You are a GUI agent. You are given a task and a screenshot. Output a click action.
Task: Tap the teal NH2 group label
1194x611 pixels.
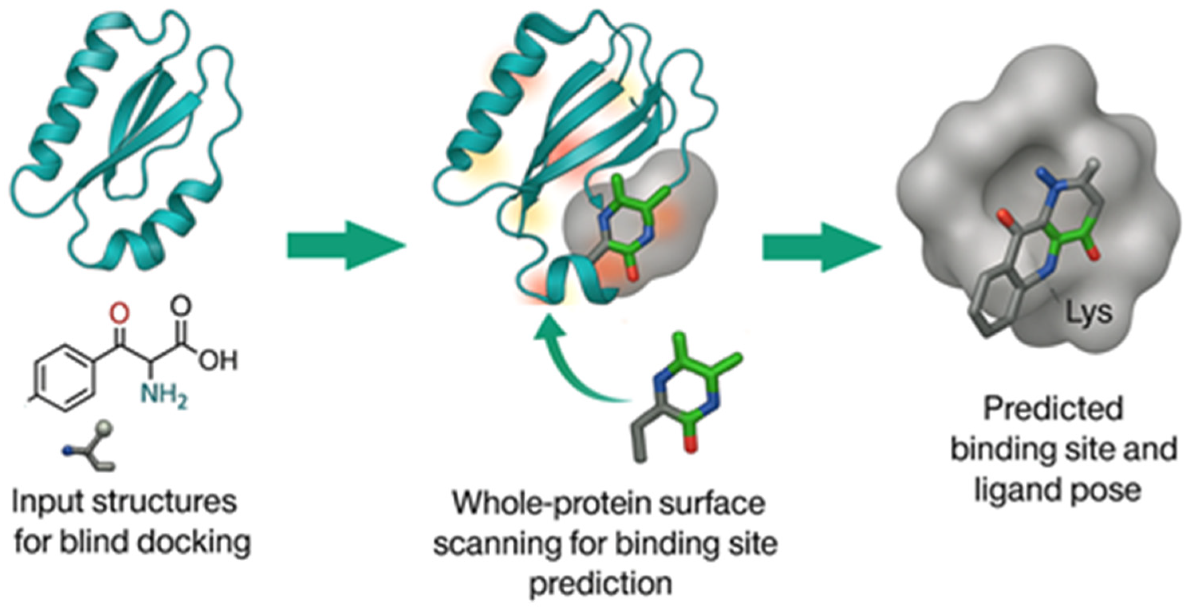click(164, 395)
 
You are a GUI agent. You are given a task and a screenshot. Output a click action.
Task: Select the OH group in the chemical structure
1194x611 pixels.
click(218, 360)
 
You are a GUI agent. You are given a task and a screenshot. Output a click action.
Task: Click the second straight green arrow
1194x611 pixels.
click(821, 246)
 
